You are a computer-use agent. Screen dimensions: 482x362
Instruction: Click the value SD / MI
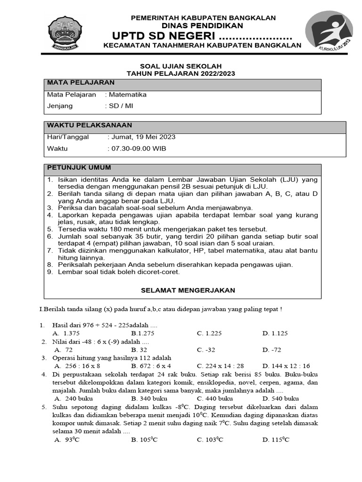[x=121, y=106]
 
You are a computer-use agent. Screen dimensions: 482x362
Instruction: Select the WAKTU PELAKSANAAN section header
[x=90, y=125]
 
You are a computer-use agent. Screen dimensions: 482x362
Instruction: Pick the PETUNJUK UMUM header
[x=79, y=168]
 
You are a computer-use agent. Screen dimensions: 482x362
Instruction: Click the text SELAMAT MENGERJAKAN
[x=188, y=290]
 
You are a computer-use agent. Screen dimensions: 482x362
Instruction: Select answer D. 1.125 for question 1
[x=275, y=333]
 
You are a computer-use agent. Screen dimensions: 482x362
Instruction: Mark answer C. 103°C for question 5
[x=210, y=440]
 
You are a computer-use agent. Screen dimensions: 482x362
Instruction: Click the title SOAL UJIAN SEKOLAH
[x=181, y=66]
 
